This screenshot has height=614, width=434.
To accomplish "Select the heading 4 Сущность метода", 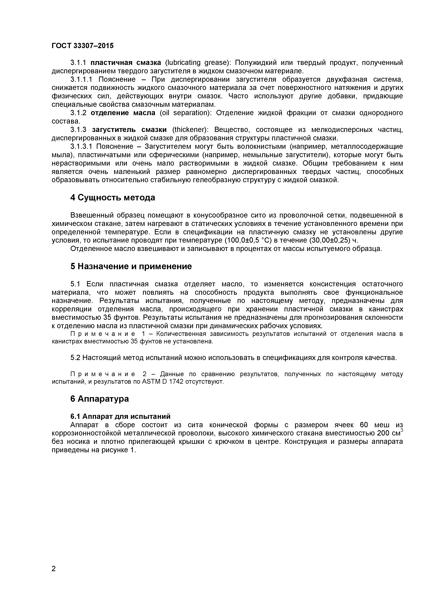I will point(113,198).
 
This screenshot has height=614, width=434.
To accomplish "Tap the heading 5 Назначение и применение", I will point(131,266).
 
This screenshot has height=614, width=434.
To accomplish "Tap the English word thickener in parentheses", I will point(189,130).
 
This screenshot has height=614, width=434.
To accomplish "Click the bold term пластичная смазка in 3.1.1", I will point(126,63).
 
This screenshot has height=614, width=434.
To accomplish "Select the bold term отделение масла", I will point(123,113).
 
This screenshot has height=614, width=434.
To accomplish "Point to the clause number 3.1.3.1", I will point(81,146).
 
